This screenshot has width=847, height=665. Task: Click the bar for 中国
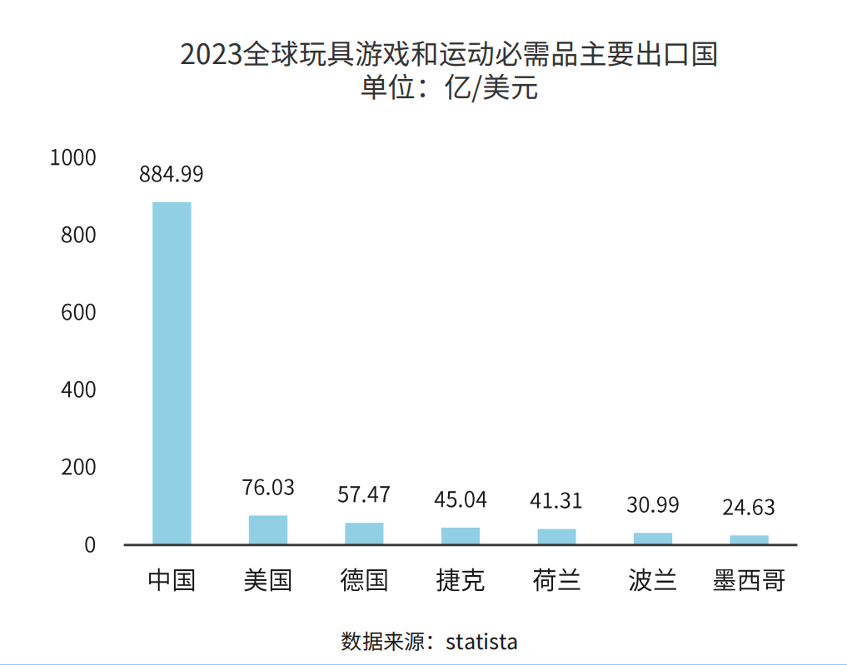pyautogui.click(x=172, y=373)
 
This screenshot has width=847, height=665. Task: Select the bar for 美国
pyautogui.click(x=268, y=530)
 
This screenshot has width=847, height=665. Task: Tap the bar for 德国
pyautogui.click(x=364, y=533)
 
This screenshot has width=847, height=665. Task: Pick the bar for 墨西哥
pyautogui.click(x=749, y=539)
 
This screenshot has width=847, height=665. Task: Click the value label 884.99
pyautogui.click(x=172, y=175)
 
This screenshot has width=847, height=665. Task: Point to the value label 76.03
pyautogui.click(x=268, y=488)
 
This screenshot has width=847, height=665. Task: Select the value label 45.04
pyautogui.click(x=461, y=499)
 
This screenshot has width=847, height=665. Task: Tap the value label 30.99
pyautogui.click(x=653, y=505)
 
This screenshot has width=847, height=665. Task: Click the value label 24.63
pyautogui.click(x=749, y=507)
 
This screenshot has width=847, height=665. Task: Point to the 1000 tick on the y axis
pyautogui.click(x=73, y=157)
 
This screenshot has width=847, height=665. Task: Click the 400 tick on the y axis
pyautogui.click(x=79, y=390)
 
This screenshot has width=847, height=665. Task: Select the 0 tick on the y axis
pyautogui.click(x=90, y=545)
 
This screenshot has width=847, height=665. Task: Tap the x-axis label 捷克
pyautogui.click(x=461, y=580)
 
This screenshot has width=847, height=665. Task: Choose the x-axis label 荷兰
pyautogui.click(x=556, y=580)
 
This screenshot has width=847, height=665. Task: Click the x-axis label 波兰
pyautogui.click(x=653, y=580)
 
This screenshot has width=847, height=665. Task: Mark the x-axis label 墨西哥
pyautogui.click(x=749, y=580)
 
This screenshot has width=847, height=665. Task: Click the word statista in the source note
pyautogui.click(x=481, y=642)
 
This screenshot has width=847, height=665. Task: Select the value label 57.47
pyautogui.click(x=364, y=494)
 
